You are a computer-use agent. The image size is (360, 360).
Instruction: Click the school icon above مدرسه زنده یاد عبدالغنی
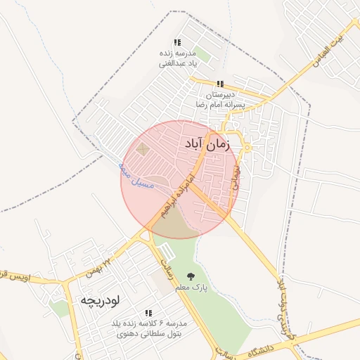(177, 43)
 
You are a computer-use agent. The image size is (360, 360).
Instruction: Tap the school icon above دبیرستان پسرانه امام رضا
(220, 84)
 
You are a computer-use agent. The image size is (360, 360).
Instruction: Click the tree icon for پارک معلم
(190, 276)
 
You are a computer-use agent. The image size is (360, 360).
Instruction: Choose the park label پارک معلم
(191, 288)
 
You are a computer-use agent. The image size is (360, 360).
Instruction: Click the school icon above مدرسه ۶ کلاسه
(148, 313)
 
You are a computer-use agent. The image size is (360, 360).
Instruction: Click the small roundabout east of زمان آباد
(247, 147)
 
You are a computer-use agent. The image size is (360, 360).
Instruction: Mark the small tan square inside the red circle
(143, 149)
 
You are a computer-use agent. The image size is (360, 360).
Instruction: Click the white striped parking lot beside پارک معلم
(167, 252)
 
